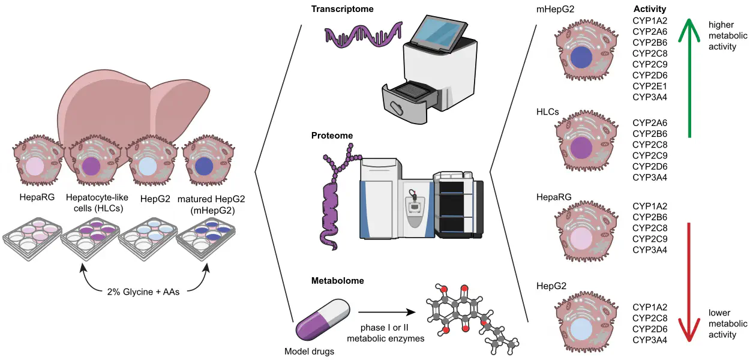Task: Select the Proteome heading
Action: click(x=332, y=136)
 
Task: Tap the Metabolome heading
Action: click(x=337, y=280)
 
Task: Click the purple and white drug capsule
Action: click(x=322, y=321)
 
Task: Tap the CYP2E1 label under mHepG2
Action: click(x=650, y=86)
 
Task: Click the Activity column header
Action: click(x=650, y=9)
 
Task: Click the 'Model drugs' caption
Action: click(x=310, y=352)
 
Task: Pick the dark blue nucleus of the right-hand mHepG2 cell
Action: click(x=581, y=58)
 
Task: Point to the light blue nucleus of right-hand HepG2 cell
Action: click(x=581, y=330)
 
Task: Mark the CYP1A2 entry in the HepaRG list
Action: click(x=650, y=206)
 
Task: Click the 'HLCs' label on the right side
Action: click(x=548, y=112)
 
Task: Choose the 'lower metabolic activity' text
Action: click(x=728, y=324)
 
